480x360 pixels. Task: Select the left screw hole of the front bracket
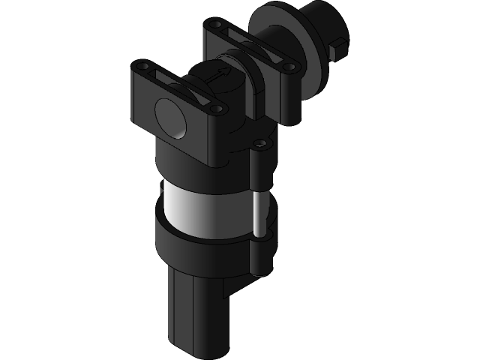(x=140, y=69)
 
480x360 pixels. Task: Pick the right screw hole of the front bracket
(x=217, y=109)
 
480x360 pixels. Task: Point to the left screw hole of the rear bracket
(x=217, y=26)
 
